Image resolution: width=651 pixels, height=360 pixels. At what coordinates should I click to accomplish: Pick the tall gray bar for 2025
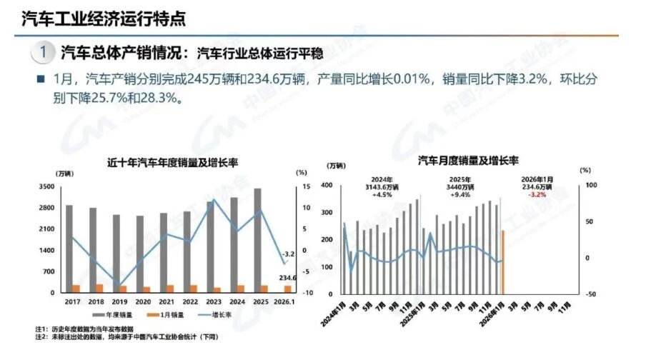[257, 240]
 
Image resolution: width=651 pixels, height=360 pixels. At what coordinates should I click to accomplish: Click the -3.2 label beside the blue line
[287, 254]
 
